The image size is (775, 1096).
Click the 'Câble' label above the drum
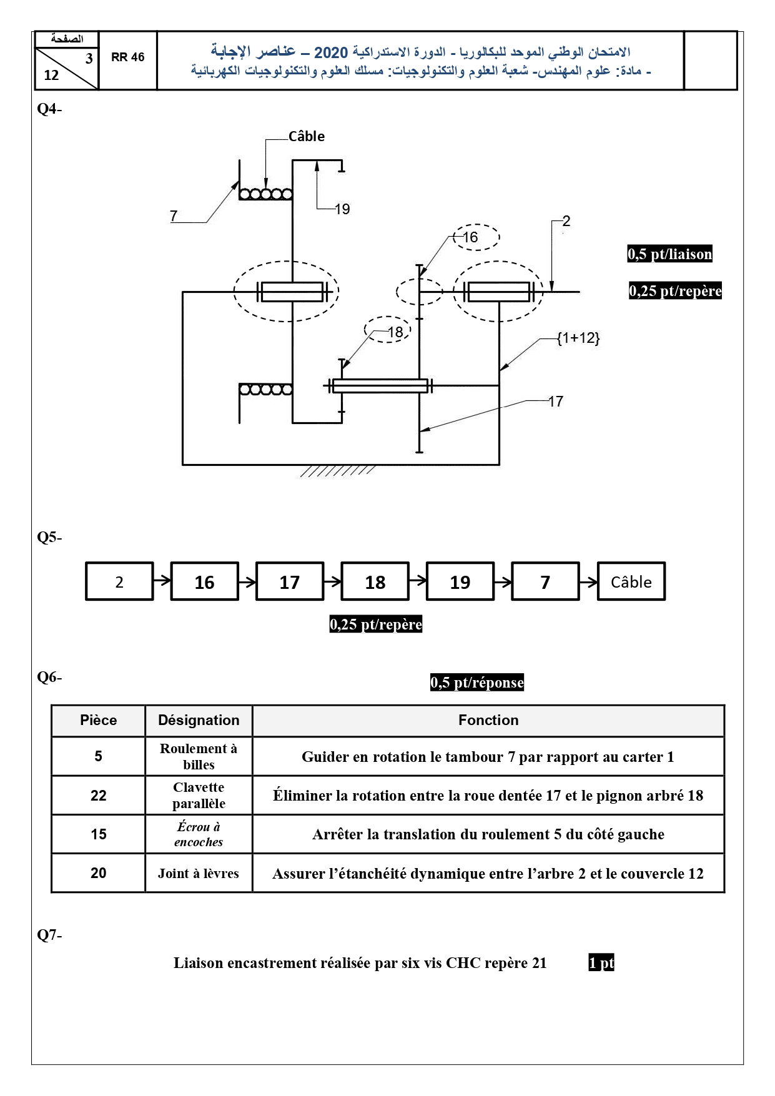tap(306, 136)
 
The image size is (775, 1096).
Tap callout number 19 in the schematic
tap(342, 209)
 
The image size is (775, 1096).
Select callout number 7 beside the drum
tap(174, 216)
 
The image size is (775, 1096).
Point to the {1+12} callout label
tap(578, 338)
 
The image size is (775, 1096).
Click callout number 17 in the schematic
tap(556, 402)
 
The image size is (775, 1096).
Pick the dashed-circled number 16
tap(470, 237)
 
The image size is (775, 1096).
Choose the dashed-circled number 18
tap(395, 332)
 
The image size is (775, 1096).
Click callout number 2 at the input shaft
tap(566, 221)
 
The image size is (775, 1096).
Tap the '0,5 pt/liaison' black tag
tap(669, 254)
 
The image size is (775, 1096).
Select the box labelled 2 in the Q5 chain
tap(119, 581)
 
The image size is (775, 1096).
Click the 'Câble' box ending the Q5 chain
tap(631, 581)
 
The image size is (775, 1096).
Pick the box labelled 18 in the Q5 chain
tap(375, 581)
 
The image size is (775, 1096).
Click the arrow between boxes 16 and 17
tap(247, 581)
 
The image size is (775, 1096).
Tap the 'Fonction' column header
tap(488, 720)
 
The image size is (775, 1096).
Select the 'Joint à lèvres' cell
tap(199, 873)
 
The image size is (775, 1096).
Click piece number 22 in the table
tap(99, 795)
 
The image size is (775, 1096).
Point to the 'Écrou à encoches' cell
tap(199, 834)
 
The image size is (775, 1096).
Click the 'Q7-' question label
tap(49, 935)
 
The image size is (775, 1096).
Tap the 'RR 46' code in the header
tap(128, 57)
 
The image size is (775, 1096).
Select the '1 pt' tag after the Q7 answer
tap(601, 963)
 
